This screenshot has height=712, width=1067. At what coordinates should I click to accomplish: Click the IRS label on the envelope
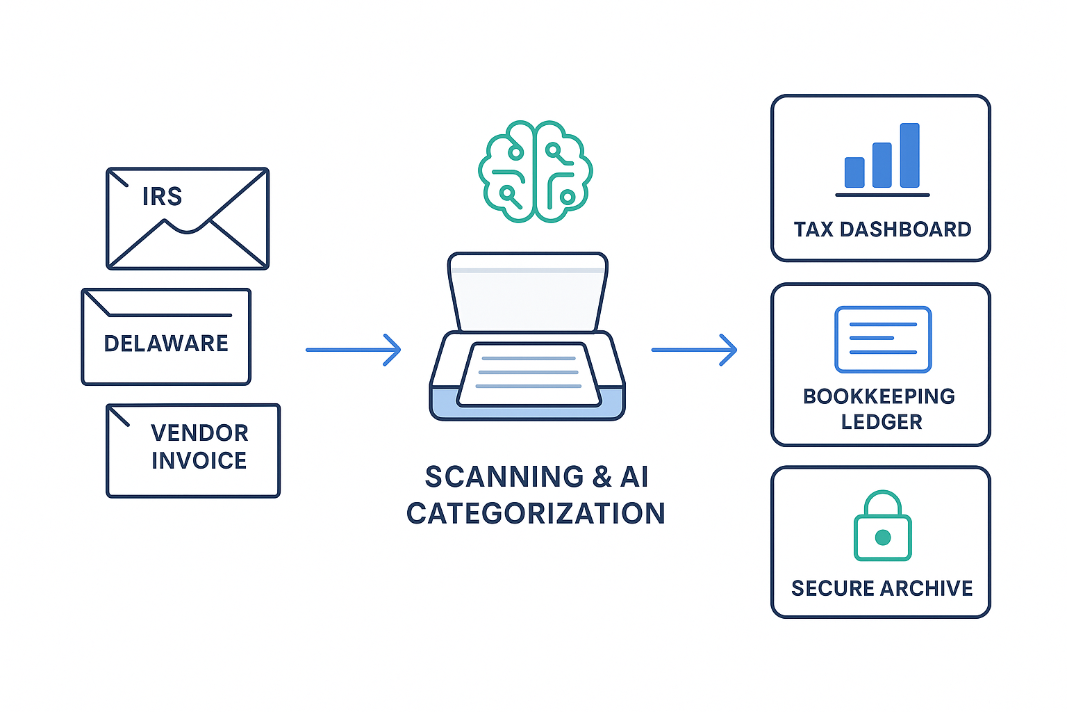162,197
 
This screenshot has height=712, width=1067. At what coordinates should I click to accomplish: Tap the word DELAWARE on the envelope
166,343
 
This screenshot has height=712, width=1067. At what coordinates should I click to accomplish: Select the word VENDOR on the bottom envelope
199,433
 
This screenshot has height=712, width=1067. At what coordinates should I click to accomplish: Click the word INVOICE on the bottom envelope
199,461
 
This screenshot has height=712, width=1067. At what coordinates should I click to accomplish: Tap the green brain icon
535,172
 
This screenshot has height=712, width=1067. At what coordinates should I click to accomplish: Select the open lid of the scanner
528,292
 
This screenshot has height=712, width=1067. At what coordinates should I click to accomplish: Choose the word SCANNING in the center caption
504,477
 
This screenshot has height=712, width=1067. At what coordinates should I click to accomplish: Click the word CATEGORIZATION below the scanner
536,514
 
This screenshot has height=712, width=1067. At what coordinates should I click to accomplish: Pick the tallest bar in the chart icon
909,156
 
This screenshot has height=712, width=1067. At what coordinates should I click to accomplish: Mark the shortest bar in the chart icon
854,172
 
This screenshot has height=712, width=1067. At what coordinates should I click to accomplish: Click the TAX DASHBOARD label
882,229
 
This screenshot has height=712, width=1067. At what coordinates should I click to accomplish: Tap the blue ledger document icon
883,339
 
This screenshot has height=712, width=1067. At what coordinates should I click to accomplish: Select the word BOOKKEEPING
879,396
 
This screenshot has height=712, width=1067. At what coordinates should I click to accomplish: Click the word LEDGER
882,422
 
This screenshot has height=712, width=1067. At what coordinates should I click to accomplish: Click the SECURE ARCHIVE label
882,588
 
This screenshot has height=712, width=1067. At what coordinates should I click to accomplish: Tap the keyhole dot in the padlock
883,537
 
